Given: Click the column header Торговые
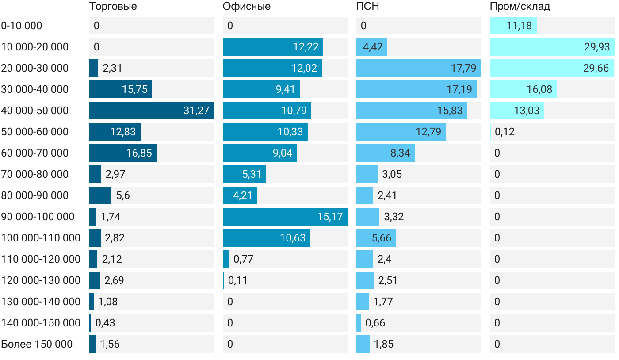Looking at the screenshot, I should (x=113, y=7).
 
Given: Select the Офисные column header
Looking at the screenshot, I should (x=246, y=7).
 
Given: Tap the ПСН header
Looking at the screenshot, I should (x=367, y=7).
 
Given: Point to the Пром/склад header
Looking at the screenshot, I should (x=520, y=7).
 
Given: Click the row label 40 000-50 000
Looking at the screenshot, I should (x=35, y=111).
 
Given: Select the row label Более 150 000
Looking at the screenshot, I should (x=37, y=344).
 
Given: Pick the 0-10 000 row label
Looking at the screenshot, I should (x=22, y=26).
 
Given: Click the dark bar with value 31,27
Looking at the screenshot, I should (x=151, y=111).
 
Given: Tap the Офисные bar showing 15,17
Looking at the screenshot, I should (x=285, y=217).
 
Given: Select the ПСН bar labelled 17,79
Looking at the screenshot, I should (x=418, y=68).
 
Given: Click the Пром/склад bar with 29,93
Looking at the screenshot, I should (x=552, y=47).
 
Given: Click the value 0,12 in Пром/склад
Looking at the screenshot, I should (x=504, y=132).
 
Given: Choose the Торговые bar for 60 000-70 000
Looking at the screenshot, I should (x=122, y=153).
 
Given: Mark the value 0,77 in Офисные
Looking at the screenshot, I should (x=243, y=259).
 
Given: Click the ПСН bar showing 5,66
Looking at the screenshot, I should (x=376, y=238).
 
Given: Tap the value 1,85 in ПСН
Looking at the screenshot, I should (x=383, y=344).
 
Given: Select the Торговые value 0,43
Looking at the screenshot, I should (x=105, y=323).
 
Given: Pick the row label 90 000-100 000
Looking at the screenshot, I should (x=38, y=217).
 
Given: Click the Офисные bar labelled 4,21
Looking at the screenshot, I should (x=240, y=195).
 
